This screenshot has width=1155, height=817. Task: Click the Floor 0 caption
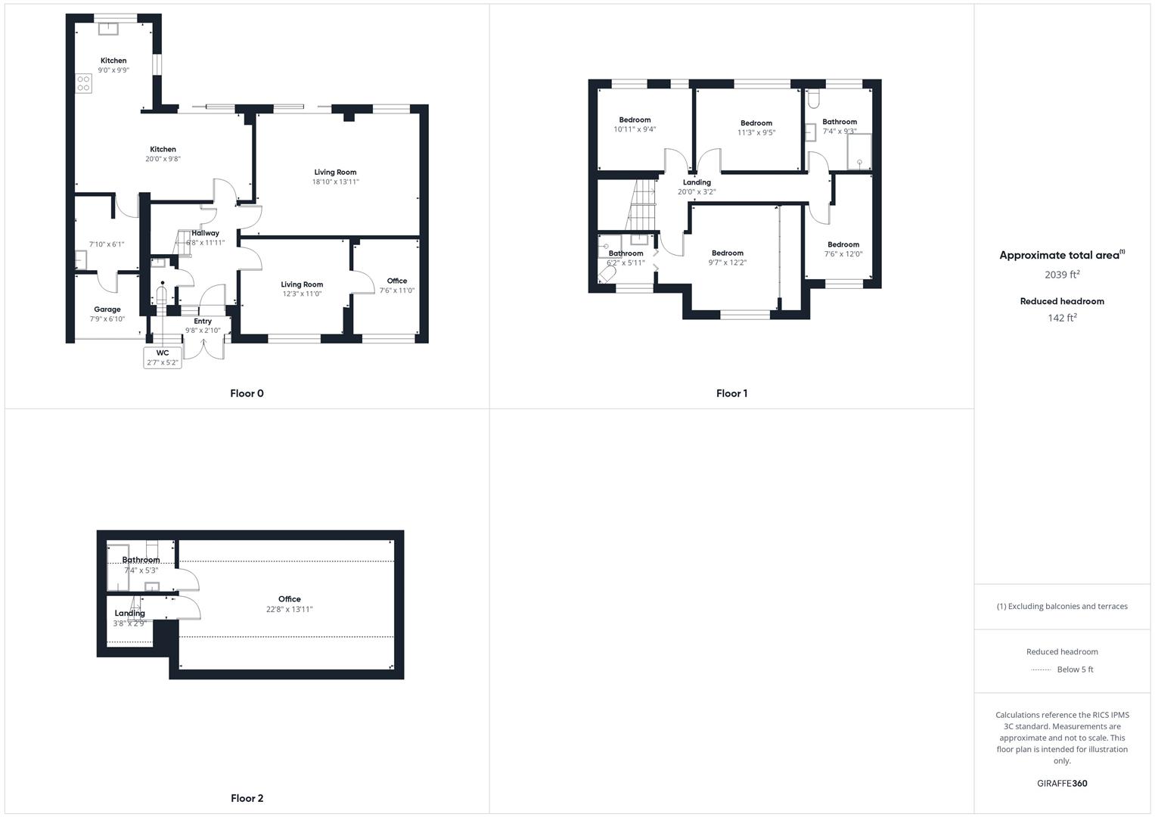[247, 393]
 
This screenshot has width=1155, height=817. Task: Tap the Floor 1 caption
[731, 393]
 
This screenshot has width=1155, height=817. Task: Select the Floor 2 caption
[247, 798]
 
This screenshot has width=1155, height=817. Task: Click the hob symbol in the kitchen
[83, 83]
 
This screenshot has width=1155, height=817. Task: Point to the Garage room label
[107, 309]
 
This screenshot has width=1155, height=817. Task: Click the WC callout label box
[163, 358]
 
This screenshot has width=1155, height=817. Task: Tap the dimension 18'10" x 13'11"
[335, 182]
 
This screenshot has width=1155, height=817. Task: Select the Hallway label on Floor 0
[205, 233]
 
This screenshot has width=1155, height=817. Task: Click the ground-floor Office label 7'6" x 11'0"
[396, 286]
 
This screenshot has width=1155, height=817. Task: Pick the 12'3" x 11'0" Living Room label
[302, 289]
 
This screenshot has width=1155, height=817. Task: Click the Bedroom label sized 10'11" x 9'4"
[635, 125]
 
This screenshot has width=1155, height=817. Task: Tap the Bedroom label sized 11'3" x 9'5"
[756, 128]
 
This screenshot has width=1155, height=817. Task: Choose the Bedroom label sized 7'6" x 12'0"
[843, 249]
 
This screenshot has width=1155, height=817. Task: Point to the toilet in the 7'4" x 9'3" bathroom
[813, 99]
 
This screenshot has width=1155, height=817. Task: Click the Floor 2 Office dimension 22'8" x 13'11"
[289, 609]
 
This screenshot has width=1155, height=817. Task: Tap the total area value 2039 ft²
[1062, 275]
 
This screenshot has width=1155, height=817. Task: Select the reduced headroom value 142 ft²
[1062, 318]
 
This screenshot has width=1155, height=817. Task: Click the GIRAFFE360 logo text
[1062, 783]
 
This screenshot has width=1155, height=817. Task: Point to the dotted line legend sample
[1041, 669]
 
